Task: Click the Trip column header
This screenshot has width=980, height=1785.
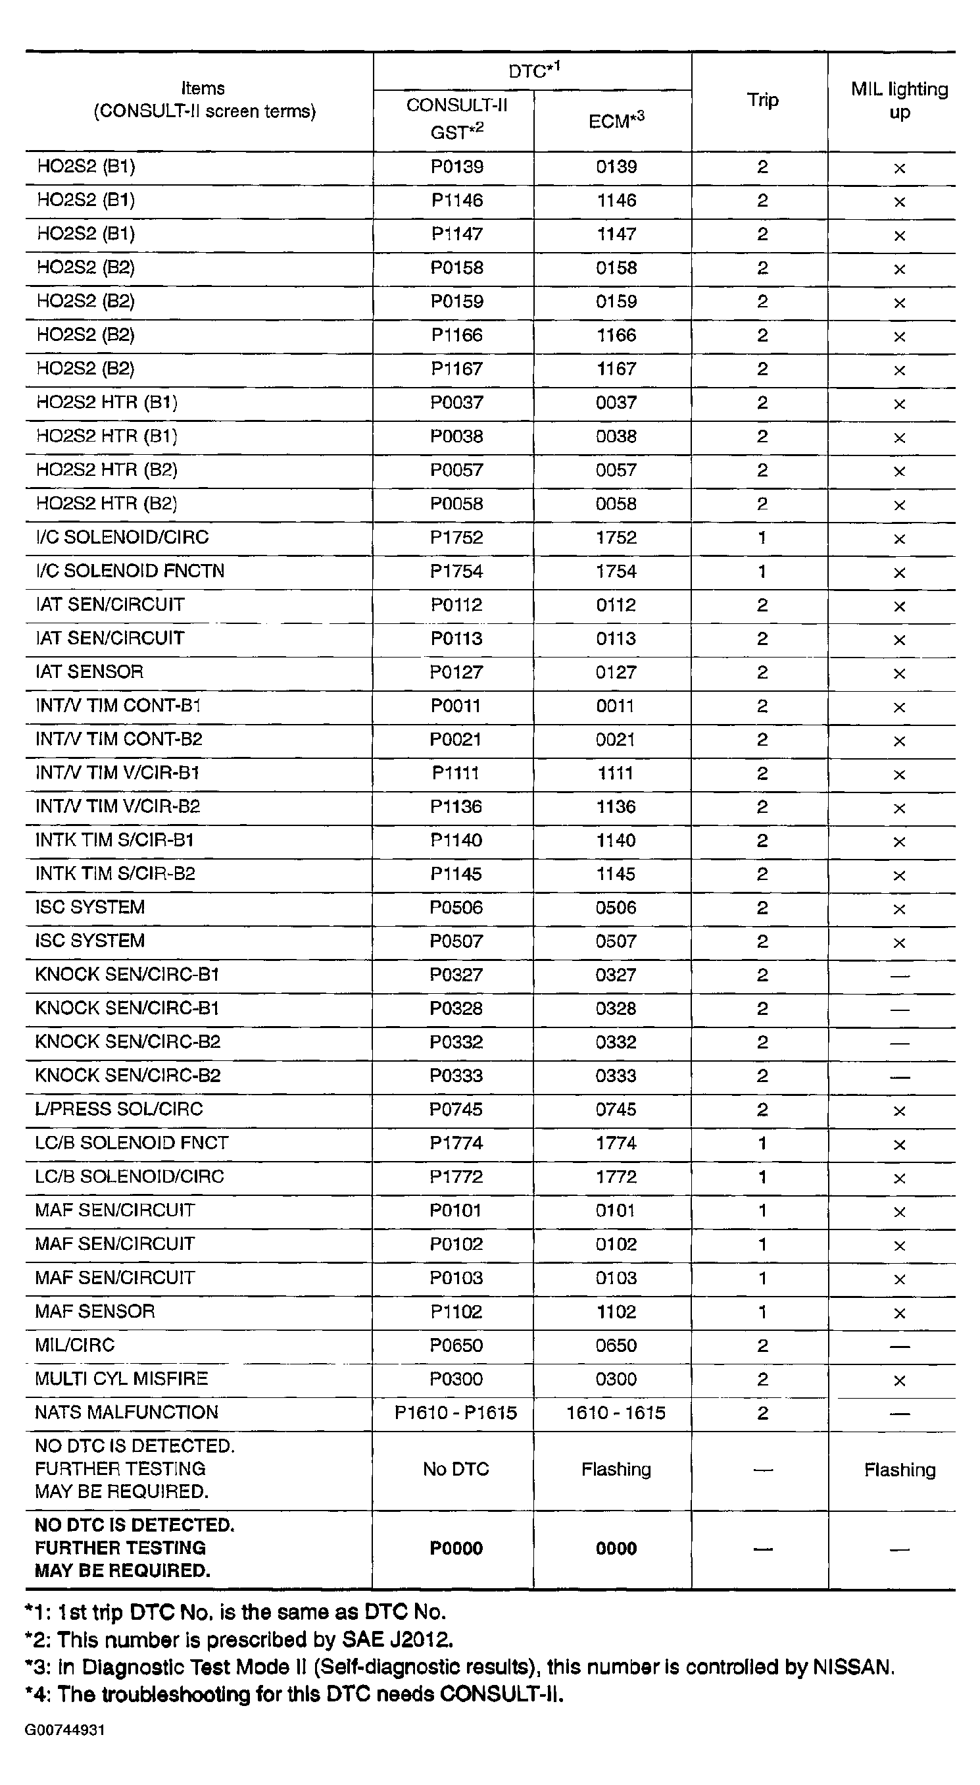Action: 762,101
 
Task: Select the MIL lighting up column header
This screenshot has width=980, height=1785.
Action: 899,101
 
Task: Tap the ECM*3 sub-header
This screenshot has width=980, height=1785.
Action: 616,120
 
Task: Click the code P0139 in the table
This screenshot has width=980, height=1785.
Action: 456,167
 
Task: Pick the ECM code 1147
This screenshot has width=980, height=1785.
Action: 616,234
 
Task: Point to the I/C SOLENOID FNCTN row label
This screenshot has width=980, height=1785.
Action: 130,571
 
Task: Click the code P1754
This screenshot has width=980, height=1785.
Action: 456,572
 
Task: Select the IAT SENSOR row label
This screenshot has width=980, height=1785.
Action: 89,671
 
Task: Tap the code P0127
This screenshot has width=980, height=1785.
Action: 456,672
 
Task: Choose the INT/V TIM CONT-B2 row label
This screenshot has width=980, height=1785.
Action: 119,739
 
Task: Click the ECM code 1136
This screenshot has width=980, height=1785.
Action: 616,806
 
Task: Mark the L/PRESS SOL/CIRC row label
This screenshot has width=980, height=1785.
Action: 119,1110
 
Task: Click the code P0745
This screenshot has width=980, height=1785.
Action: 456,1110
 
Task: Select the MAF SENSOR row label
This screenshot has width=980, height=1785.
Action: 95,1311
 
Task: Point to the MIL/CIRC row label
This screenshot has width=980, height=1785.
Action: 75,1345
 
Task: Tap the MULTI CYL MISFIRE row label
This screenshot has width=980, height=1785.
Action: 121,1378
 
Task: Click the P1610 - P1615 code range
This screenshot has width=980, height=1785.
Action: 456,1413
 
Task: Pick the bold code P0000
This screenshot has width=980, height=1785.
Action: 456,1549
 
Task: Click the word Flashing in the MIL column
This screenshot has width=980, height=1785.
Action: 899,1470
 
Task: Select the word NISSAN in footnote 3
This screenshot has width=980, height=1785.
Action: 852,1667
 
